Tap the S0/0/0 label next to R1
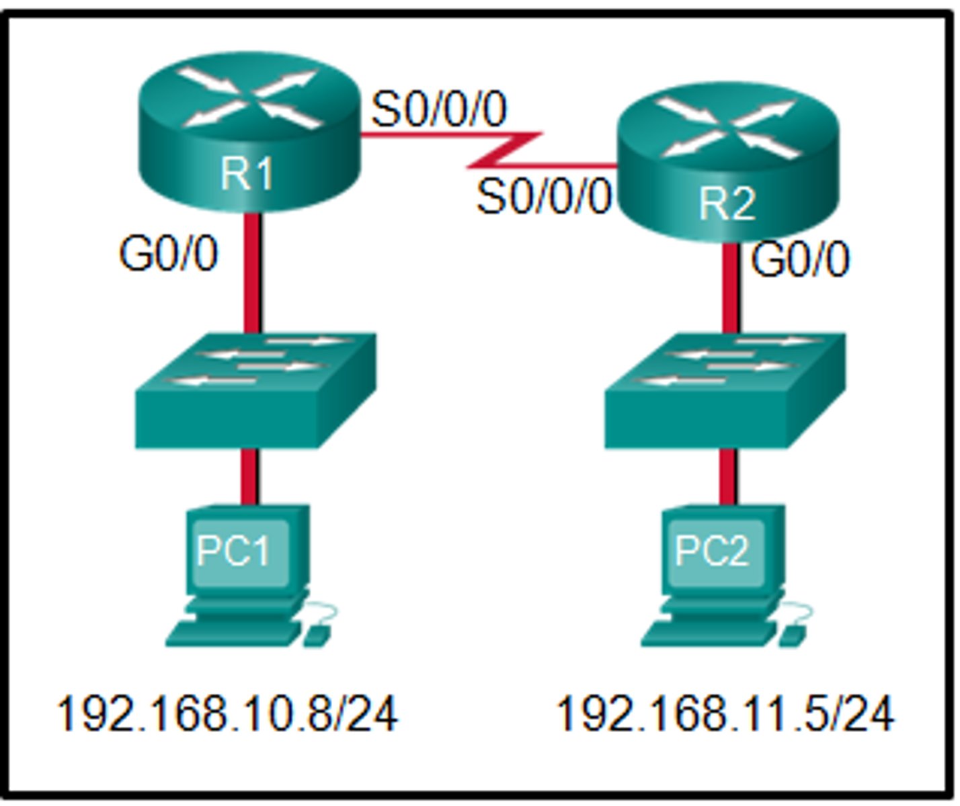[x=439, y=109]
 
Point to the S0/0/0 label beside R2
[x=543, y=197]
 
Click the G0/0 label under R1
[x=169, y=255]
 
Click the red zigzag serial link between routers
[x=504, y=150]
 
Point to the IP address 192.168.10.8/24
[x=227, y=713]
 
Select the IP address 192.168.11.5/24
[x=726, y=713]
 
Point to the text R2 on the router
[x=727, y=203]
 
